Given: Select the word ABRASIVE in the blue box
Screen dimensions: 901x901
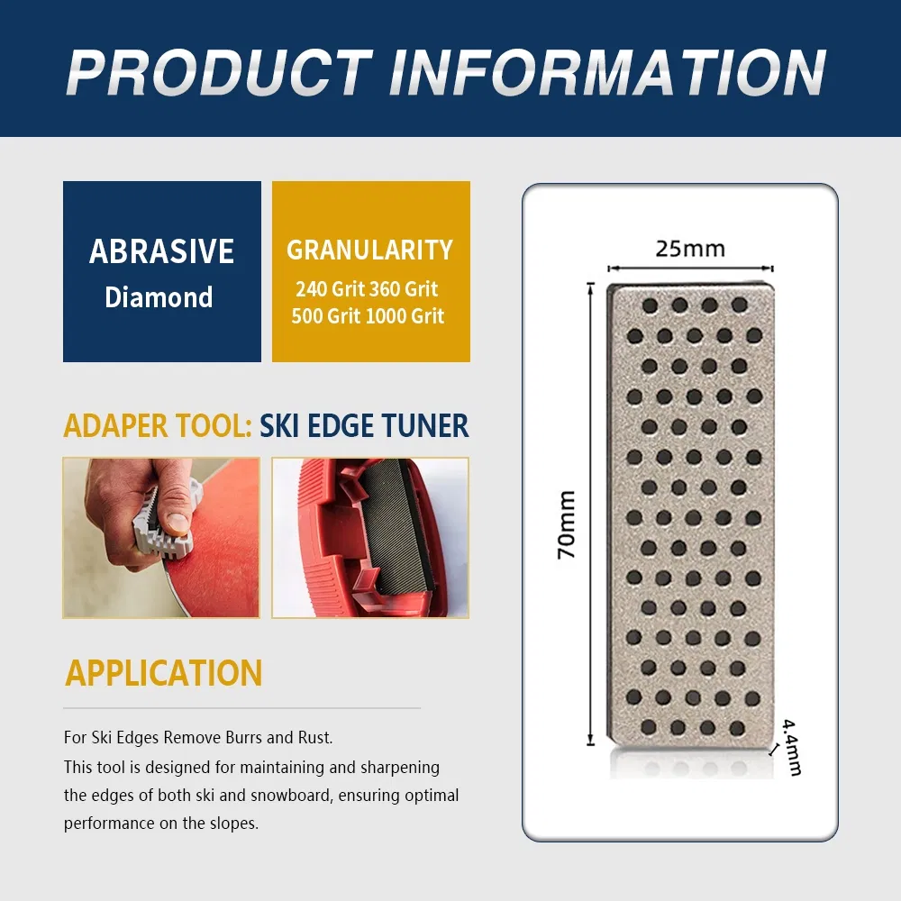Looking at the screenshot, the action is [x=161, y=251].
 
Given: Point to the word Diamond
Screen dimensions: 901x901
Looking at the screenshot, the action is [x=159, y=297].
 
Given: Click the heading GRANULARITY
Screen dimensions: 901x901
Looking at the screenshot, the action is [x=370, y=250].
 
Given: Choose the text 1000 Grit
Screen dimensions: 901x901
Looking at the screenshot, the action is [x=405, y=316].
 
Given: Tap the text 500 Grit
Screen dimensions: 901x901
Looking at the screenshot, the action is [x=325, y=316].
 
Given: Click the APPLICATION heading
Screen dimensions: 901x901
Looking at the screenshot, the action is [x=164, y=673].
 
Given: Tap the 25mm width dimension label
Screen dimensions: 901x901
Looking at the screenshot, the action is [x=690, y=249].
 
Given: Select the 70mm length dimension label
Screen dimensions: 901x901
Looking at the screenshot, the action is [x=566, y=524].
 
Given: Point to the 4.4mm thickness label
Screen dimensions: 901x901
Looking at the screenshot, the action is [x=791, y=747].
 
